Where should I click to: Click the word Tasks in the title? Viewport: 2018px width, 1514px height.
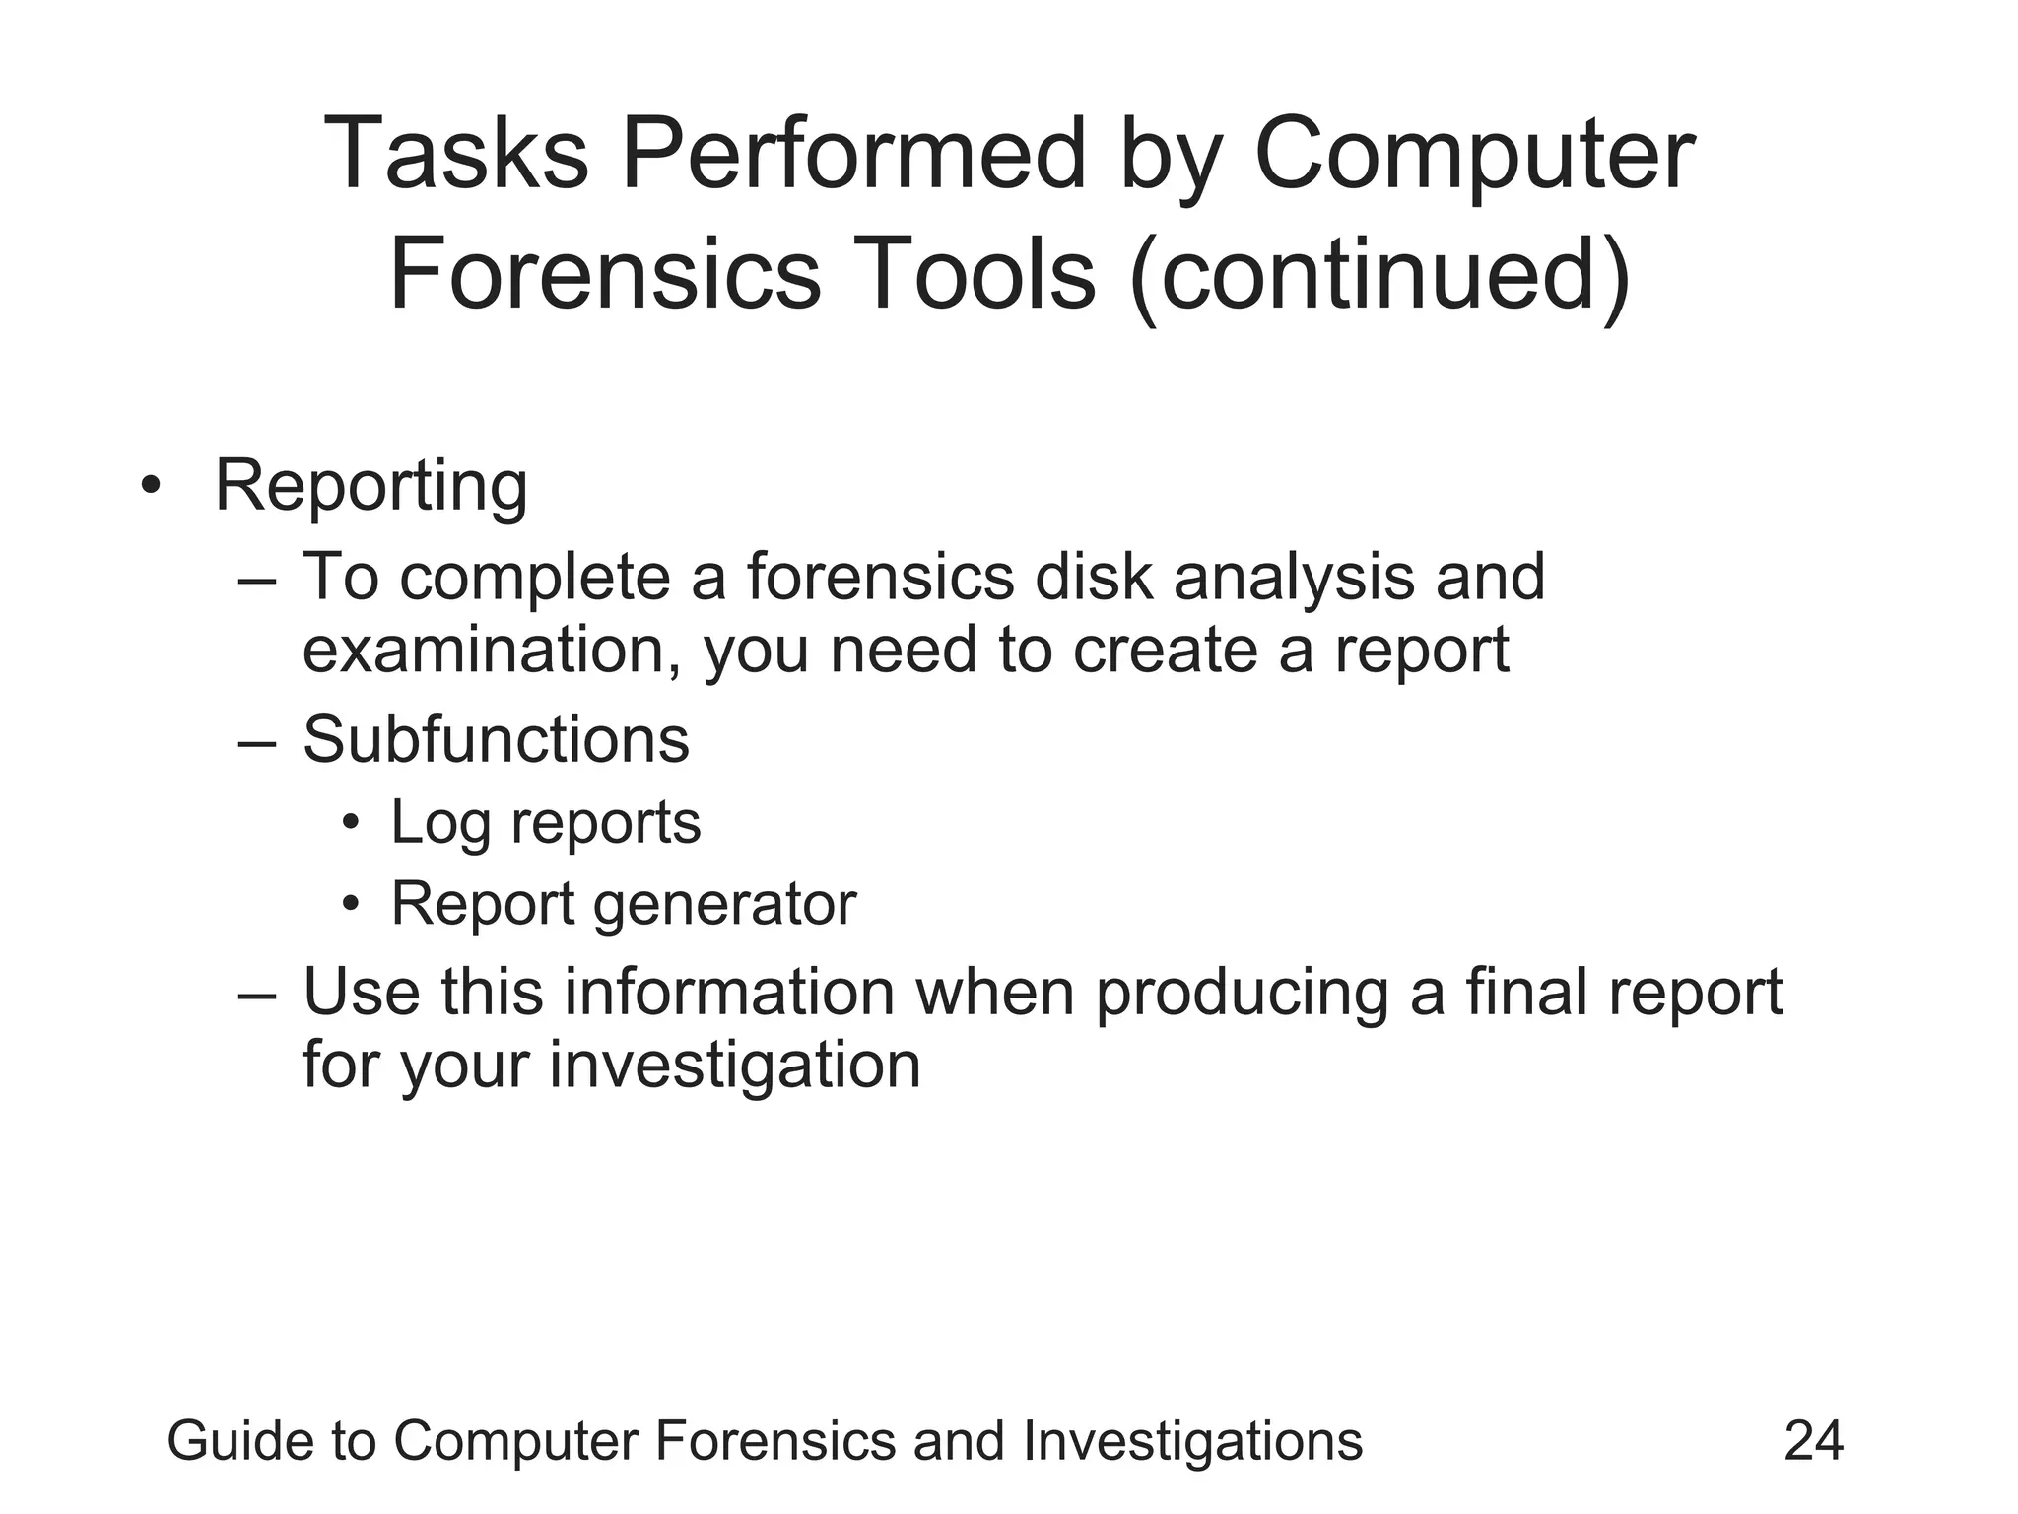[455, 155]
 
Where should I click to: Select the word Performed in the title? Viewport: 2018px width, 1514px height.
[853, 155]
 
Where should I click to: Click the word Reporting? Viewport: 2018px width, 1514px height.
[371, 487]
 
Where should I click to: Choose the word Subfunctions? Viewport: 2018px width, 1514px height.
[496, 739]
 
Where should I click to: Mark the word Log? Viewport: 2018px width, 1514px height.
[439, 824]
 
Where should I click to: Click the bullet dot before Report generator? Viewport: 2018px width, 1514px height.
[352, 903]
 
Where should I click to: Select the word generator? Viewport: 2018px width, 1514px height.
[725, 905]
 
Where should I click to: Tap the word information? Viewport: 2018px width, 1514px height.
[729, 992]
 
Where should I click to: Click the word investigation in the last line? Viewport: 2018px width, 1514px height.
[734, 1066]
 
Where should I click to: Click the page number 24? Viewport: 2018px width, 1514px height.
[1814, 1441]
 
